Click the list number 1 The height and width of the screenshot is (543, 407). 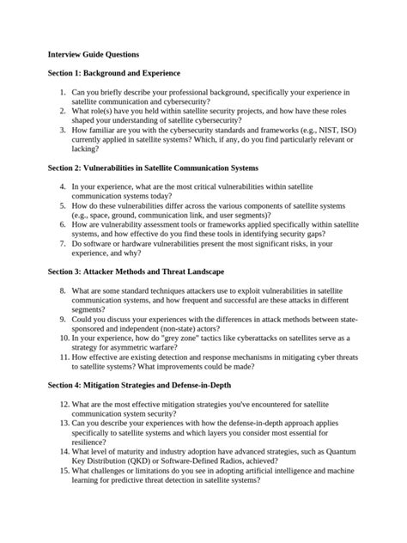click(63, 93)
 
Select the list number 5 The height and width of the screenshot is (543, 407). click(63, 206)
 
